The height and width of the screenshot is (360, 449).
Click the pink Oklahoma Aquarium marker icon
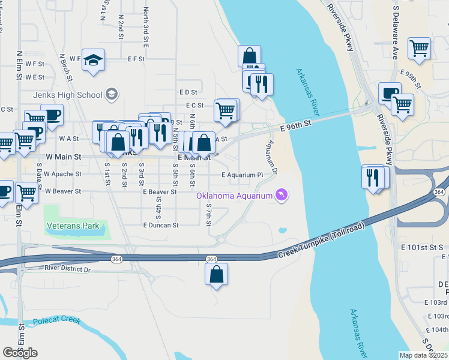pos(281,195)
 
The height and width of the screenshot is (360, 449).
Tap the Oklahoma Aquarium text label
pos(235,196)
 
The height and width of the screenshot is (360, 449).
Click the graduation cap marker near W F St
pos(93,60)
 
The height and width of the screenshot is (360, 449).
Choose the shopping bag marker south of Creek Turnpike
pos(217,275)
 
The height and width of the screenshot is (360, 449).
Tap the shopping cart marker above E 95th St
pos(419,49)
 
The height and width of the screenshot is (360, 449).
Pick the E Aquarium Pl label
pos(242,175)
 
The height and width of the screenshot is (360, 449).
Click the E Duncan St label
pos(161,226)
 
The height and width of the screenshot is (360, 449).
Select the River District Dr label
pos(67,270)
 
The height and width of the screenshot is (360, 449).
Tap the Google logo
pos(20,352)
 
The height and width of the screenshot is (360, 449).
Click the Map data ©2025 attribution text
pos(423,355)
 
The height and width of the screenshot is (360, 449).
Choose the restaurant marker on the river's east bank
pos(374,178)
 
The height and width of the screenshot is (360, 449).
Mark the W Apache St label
pos(63,174)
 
